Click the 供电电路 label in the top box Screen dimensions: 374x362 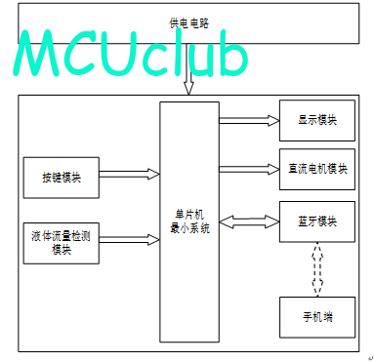click(x=188, y=22)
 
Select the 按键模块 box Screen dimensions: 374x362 click(x=62, y=178)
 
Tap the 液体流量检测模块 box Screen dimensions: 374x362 click(x=62, y=243)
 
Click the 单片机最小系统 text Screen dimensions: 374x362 click(x=189, y=221)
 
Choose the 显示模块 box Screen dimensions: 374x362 click(x=317, y=120)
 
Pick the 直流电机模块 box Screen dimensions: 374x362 click(x=317, y=169)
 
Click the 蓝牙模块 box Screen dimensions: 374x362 click(x=317, y=221)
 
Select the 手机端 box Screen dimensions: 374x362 click(x=317, y=317)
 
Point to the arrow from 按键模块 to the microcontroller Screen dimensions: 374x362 click(x=129, y=174)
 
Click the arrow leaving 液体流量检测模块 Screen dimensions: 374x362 click(x=129, y=240)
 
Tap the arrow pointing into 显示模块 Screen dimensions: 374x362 click(x=249, y=120)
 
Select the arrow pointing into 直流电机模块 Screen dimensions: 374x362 click(x=249, y=169)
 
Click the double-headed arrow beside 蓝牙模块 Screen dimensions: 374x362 click(x=249, y=221)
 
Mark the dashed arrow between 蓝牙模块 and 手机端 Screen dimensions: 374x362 click(x=317, y=269)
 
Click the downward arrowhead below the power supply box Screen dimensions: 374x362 click(x=188, y=88)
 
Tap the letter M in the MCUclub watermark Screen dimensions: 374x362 click(x=37, y=54)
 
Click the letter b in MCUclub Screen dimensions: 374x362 click(x=232, y=54)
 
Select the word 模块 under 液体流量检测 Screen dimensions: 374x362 click(x=62, y=250)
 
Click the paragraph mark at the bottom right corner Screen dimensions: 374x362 click(x=371, y=358)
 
